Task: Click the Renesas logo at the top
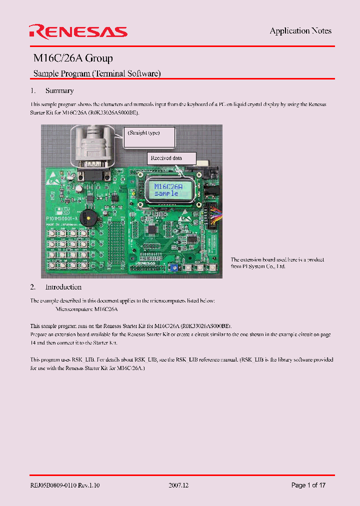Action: (78, 32)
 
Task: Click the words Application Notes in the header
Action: (300, 31)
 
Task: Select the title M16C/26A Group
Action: (73, 58)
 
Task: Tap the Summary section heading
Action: (59, 90)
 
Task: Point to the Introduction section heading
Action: (63, 287)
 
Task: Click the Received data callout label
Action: (166, 158)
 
